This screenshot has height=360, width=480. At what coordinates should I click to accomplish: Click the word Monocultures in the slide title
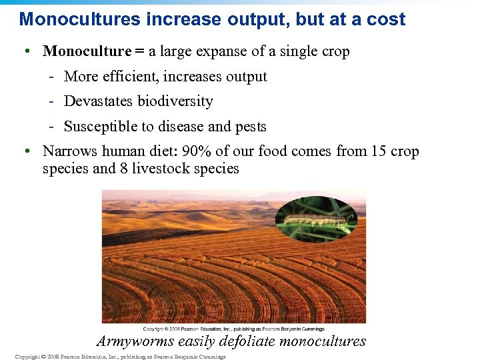click(x=79, y=19)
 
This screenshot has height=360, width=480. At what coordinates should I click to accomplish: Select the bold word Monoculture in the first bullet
click(x=86, y=51)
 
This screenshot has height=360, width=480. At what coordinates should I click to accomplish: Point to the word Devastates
click(x=99, y=101)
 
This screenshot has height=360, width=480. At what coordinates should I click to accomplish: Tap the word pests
click(x=250, y=127)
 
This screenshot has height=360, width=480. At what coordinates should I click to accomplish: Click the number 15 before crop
click(x=379, y=151)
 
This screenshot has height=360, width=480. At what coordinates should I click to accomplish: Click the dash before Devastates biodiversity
click(x=51, y=102)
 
